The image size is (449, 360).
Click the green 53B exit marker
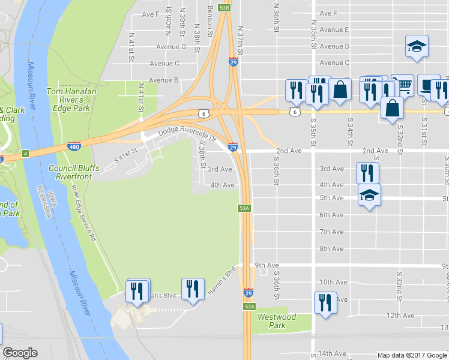[224, 8]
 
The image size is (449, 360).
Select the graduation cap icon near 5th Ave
[369, 196]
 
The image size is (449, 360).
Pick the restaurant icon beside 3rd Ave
[367, 173]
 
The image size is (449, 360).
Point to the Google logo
[20, 353]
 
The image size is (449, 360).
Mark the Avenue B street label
[164, 80]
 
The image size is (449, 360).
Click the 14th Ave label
[333, 353]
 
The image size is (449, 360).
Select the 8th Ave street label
[331, 248]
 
